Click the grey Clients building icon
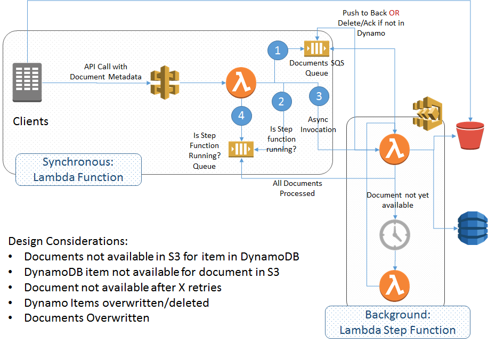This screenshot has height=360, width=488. point(27,82)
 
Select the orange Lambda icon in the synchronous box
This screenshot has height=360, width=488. point(241,83)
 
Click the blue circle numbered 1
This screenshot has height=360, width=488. point(277,51)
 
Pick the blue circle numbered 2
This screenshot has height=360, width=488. point(281,101)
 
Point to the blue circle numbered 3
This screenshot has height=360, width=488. point(319,96)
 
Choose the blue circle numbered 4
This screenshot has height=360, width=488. point(242,115)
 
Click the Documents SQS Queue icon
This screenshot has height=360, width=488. point(316,49)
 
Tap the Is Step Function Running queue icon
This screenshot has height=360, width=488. point(241,149)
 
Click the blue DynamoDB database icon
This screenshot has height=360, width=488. point(473,228)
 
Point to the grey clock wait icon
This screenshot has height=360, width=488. point(394,234)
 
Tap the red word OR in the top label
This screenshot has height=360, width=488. point(394,13)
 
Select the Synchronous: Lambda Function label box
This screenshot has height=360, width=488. point(78,169)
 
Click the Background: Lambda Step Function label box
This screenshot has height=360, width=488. point(397,322)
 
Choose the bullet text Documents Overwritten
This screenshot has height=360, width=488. point(87,318)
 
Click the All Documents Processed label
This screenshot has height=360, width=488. point(297,188)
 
